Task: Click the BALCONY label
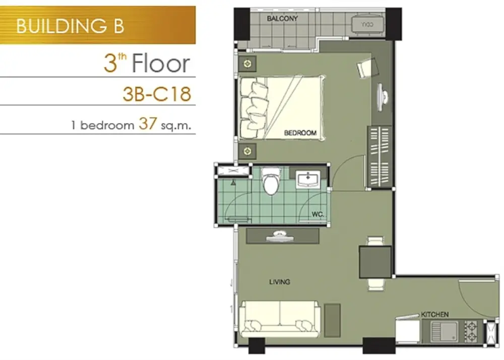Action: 282,19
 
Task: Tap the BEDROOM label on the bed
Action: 300,133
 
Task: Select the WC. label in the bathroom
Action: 318,214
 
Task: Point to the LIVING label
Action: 280,282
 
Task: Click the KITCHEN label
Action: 435,314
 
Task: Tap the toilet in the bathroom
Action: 271,181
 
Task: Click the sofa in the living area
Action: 280,319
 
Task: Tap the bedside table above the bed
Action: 247,64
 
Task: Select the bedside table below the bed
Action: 247,151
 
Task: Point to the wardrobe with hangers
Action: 380,156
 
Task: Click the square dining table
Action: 375,262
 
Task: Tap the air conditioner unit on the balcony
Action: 367,25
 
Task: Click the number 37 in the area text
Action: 148,124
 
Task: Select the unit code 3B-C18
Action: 157,94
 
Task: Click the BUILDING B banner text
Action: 70,26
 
